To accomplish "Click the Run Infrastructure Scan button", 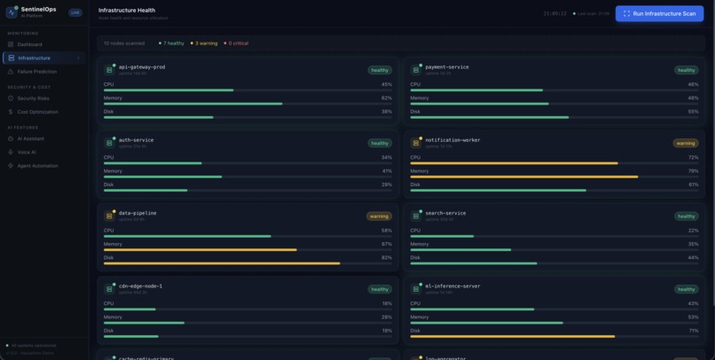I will click(659, 13).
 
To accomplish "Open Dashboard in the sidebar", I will click(29, 44).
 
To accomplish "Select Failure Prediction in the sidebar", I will click(36, 71).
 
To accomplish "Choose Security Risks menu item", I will click(33, 98).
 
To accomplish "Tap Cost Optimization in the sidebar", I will click(37, 112).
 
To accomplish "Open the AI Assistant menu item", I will click(30, 138).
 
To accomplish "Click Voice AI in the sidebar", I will click(27, 152).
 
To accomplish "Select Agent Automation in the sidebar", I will click(37, 166).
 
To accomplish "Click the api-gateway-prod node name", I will click(141, 67).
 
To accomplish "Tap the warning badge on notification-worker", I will click(685, 143).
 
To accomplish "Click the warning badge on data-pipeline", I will click(379, 215).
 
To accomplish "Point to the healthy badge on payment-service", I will click(686, 69).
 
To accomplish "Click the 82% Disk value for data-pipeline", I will click(386, 257).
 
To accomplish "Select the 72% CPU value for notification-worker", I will click(693, 157).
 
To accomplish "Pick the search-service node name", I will click(445, 213).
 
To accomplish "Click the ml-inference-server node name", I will click(452, 286).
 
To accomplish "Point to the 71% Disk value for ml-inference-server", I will click(693, 330).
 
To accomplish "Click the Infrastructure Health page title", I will click(127, 11).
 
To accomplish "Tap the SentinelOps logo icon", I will click(12, 12).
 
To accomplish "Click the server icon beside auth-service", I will click(110, 142).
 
